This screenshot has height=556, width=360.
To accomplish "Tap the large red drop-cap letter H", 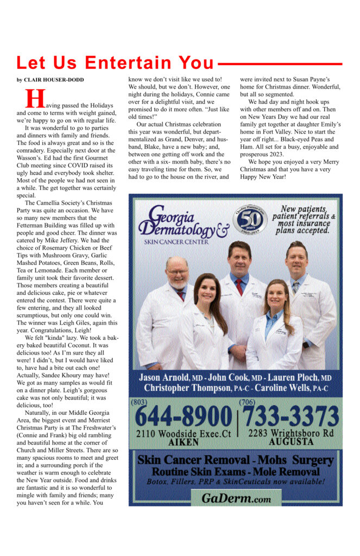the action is (x=35, y=99).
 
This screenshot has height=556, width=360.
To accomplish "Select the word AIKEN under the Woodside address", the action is (x=183, y=443).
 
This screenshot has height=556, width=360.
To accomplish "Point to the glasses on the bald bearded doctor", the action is (x=178, y=271).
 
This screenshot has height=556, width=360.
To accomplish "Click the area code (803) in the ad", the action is (x=138, y=402).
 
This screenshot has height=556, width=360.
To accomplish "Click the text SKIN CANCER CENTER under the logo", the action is (x=176, y=242).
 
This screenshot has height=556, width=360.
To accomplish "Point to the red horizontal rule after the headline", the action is (x=280, y=64).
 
